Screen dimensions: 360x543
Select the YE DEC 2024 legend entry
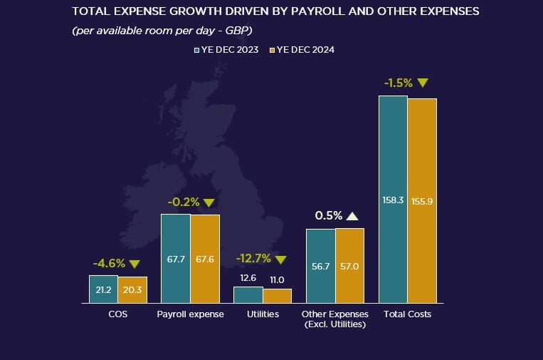point(304,50)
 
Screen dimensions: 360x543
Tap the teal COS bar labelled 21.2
point(103,289)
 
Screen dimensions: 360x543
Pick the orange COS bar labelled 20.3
point(132,290)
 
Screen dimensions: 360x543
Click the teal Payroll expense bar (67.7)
point(176,259)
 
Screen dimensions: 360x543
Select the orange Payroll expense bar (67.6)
point(205,259)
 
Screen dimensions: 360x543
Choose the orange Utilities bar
point(277,296)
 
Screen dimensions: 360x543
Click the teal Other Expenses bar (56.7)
point(320,266)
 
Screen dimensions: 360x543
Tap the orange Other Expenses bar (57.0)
point(349,266)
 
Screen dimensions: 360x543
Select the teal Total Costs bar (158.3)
point(393,200)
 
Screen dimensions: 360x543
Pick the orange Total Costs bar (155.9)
point(422,201)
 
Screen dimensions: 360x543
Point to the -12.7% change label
point(254,259)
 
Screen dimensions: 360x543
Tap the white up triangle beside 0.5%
point(353,215)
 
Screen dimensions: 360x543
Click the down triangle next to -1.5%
point(423,83)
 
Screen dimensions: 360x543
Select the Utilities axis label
point(263,314)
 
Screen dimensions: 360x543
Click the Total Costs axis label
point(407,314)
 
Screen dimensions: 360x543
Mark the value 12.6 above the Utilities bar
point(248,278)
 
